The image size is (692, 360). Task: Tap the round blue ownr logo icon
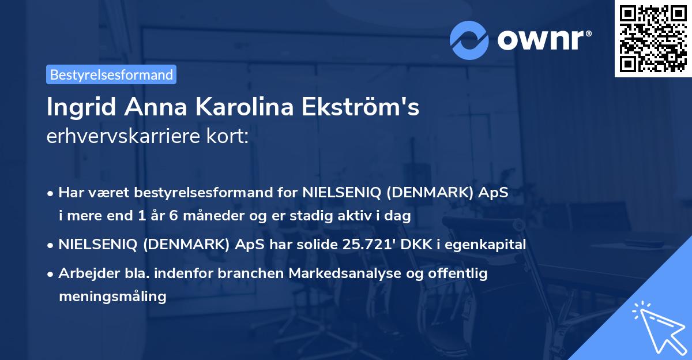click(469, 40)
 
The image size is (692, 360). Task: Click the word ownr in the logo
click(543, 40)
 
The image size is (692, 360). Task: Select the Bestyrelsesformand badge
click(111, 74)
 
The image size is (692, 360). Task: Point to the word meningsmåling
click(112, 297)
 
